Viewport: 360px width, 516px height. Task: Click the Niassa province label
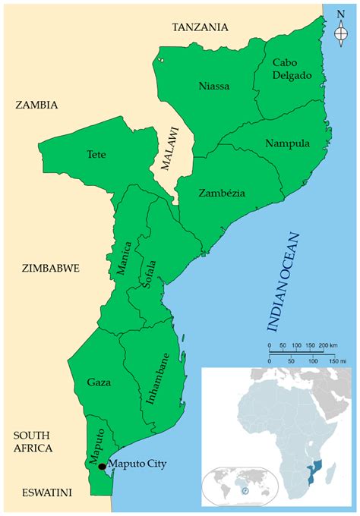(x=213, y=86)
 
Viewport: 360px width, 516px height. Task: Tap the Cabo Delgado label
(x=286, y=79)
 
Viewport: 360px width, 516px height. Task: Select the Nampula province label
(x=286, y=143)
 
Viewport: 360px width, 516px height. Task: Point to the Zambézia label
(x=222, y=193)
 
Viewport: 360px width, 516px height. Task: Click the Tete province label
(x=96, y=154)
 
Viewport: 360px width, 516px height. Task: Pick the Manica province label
(x=125, y=258)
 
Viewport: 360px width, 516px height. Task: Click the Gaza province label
(x=99, y=380)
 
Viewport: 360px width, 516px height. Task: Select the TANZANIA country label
(x=200, y=27)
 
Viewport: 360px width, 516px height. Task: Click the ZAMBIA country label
(x=36, y=105)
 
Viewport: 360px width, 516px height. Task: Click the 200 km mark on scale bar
(x=324, y=351)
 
